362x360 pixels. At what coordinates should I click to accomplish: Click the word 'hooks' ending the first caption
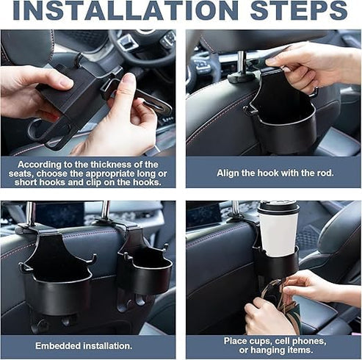tap(144, 182)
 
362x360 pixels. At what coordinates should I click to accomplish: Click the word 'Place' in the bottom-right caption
tap(236, 341)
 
